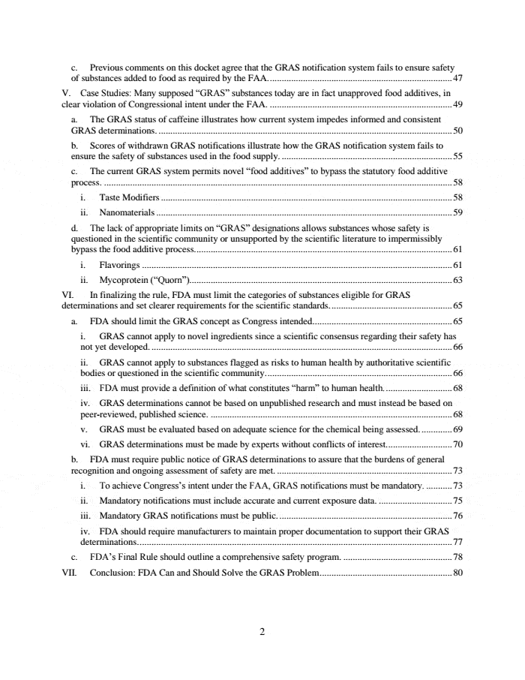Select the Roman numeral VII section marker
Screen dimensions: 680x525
coord(70,573)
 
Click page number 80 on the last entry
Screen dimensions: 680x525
coord(458,573)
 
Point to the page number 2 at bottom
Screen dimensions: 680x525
coord(262,632)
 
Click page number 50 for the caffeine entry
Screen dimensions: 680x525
coord(458,130)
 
